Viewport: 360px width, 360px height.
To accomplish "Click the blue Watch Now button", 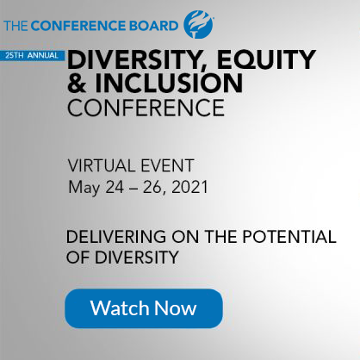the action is pyautogui.click(x=144, y=308).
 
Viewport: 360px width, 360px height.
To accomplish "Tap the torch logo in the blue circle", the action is pyautogui.click(x=199, y=24).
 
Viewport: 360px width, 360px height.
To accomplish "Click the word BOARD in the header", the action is pyautogui.click(x=154, y=26).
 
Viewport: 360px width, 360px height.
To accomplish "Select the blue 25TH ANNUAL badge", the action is pyautogui.click(x=32, y=55).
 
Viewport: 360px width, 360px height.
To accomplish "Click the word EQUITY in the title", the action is pyautogui.click(x=266, y=59).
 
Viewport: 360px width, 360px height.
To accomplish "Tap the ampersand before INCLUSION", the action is pyautogui.click(x=77, y=83).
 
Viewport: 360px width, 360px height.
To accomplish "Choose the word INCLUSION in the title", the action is pyautogui.click(x=169, y=83).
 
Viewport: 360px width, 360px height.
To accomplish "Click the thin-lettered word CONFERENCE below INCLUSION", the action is pyautogui.click(x=146, y=108).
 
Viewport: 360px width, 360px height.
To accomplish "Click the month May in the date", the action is pyautogui.click(x=84, y=188).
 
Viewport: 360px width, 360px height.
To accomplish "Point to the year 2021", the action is pyautogui.click(x=189, y=188).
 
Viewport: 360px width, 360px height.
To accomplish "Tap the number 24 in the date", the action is pyautogui.click(x=115, y=188).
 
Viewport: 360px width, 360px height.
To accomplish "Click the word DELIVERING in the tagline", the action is pyautogui.click(x=116, y=237).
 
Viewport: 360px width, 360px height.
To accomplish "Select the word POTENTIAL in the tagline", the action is pyautogui.click(x=289, y=237).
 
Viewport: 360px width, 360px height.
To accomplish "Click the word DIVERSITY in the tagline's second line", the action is pyautogui.click(x=137, y=258).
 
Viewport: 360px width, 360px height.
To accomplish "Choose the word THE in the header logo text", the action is pyautogui.click(x=16, y=26).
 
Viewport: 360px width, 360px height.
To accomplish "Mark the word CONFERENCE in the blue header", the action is pyautogui.click(x=78, y=26).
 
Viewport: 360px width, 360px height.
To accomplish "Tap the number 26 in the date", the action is pyautogui.click(x=152, y=188).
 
